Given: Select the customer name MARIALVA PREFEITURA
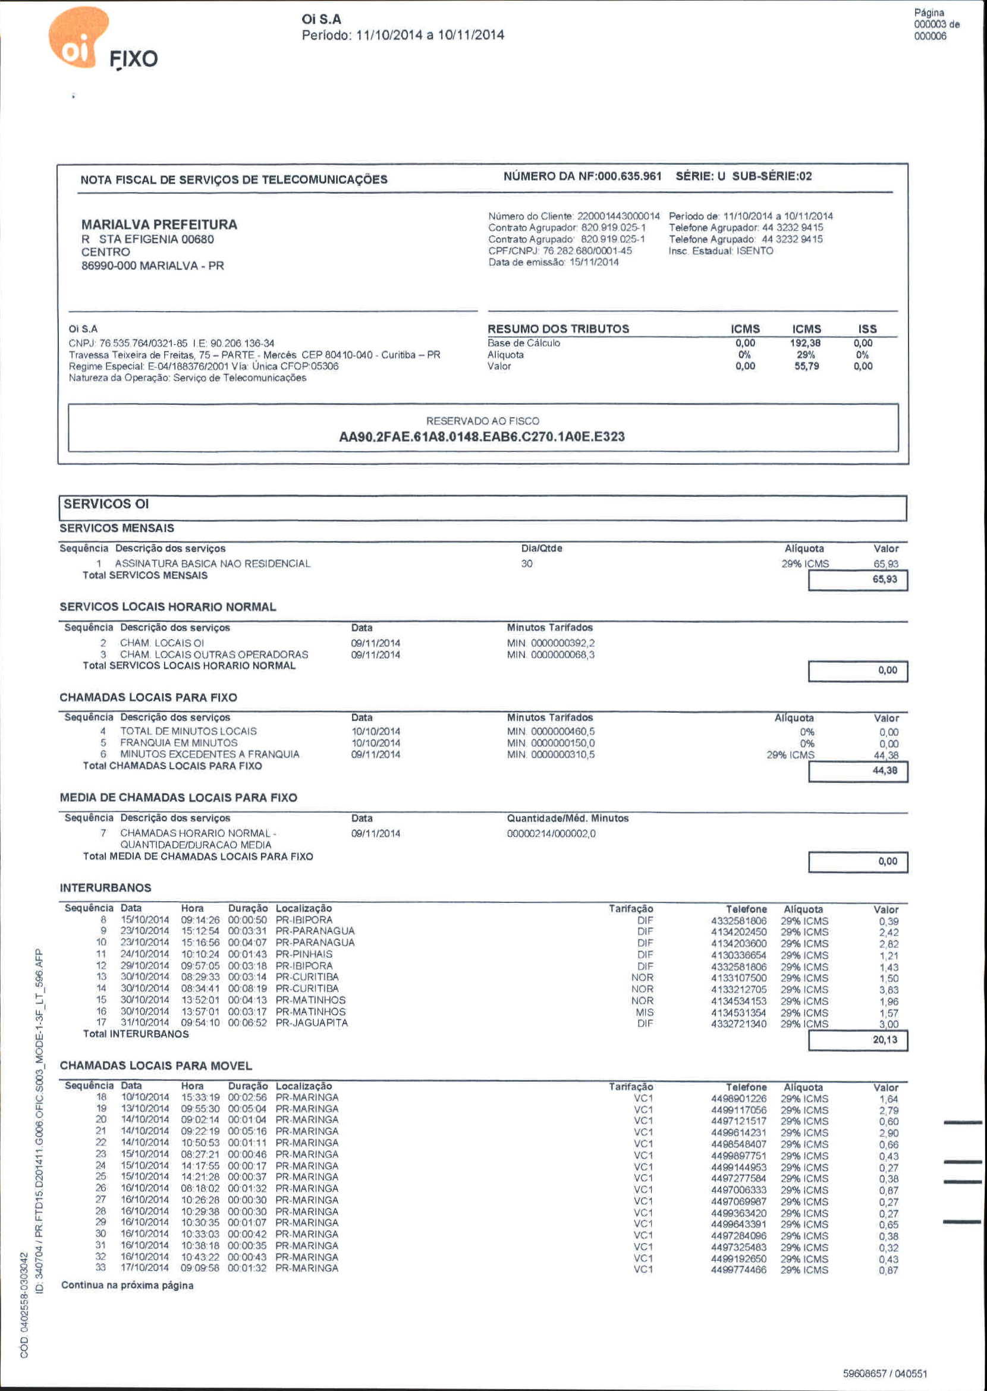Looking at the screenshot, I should point(159,224).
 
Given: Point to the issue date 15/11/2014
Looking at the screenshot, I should point(594,262).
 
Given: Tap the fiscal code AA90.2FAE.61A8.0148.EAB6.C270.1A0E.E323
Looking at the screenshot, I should point(482,436).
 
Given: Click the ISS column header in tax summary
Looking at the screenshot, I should point(867,329).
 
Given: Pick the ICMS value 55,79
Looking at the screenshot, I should point(806,366).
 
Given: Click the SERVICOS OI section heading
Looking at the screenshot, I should point(106,503).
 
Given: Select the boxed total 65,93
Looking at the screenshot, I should point(884,579).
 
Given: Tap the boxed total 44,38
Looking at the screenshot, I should point(884,770).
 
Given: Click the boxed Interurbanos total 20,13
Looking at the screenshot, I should point(884,1040).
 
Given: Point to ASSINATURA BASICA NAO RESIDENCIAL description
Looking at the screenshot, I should point(212,564).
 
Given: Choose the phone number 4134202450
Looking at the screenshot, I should point(738,932).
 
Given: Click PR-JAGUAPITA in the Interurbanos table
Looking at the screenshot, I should point(312,1022).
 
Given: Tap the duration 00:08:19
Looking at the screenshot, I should point(247,989).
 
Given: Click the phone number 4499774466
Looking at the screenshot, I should point(738,1270).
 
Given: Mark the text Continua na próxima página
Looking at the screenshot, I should point(127,1285).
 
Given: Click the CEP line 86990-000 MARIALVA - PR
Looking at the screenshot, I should point(153,266).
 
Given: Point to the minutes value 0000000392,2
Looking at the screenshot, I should point(563,643).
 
